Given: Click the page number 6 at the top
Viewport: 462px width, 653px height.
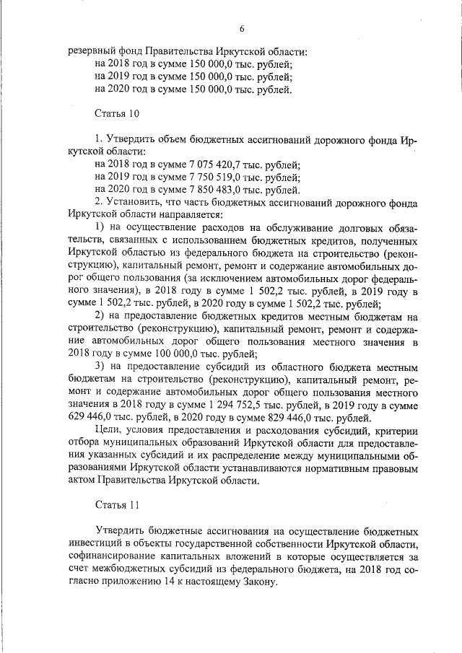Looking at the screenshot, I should tap(243, 28).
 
